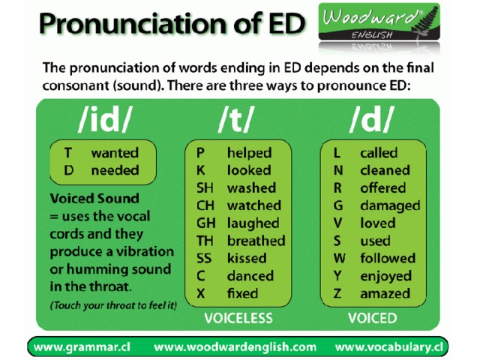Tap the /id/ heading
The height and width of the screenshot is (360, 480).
[x=104, y=119]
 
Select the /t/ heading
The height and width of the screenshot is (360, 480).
[x=236, y=119]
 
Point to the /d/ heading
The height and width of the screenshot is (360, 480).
[x=371, y=119]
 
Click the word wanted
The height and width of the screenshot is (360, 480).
[x=115, y=153]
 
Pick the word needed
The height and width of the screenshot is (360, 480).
[x=115, y=170]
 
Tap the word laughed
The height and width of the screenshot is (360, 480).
[x=253, y=223]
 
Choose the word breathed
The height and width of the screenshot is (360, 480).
[x=256, y=241]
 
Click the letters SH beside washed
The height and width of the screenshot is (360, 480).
[x=205, y=188]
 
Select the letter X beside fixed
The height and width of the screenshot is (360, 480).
[x=201, y=293]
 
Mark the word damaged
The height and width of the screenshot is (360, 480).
[x=390, y=206]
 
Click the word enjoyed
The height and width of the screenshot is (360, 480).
[x=386, y=277]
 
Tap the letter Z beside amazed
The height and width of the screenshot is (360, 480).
[x=337, y=293]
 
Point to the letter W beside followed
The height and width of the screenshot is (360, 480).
[x=339, y=258]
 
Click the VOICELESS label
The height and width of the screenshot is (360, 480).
[x=238, y=318]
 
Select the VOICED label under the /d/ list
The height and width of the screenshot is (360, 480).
[x=372, y=318]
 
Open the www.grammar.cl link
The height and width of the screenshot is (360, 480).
[x=82, y=347]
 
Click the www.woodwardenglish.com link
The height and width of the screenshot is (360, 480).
[x=235, y=347]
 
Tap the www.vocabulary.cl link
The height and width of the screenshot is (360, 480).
[x=388, y=347]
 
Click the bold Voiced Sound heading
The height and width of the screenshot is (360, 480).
[x=94, y=198]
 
